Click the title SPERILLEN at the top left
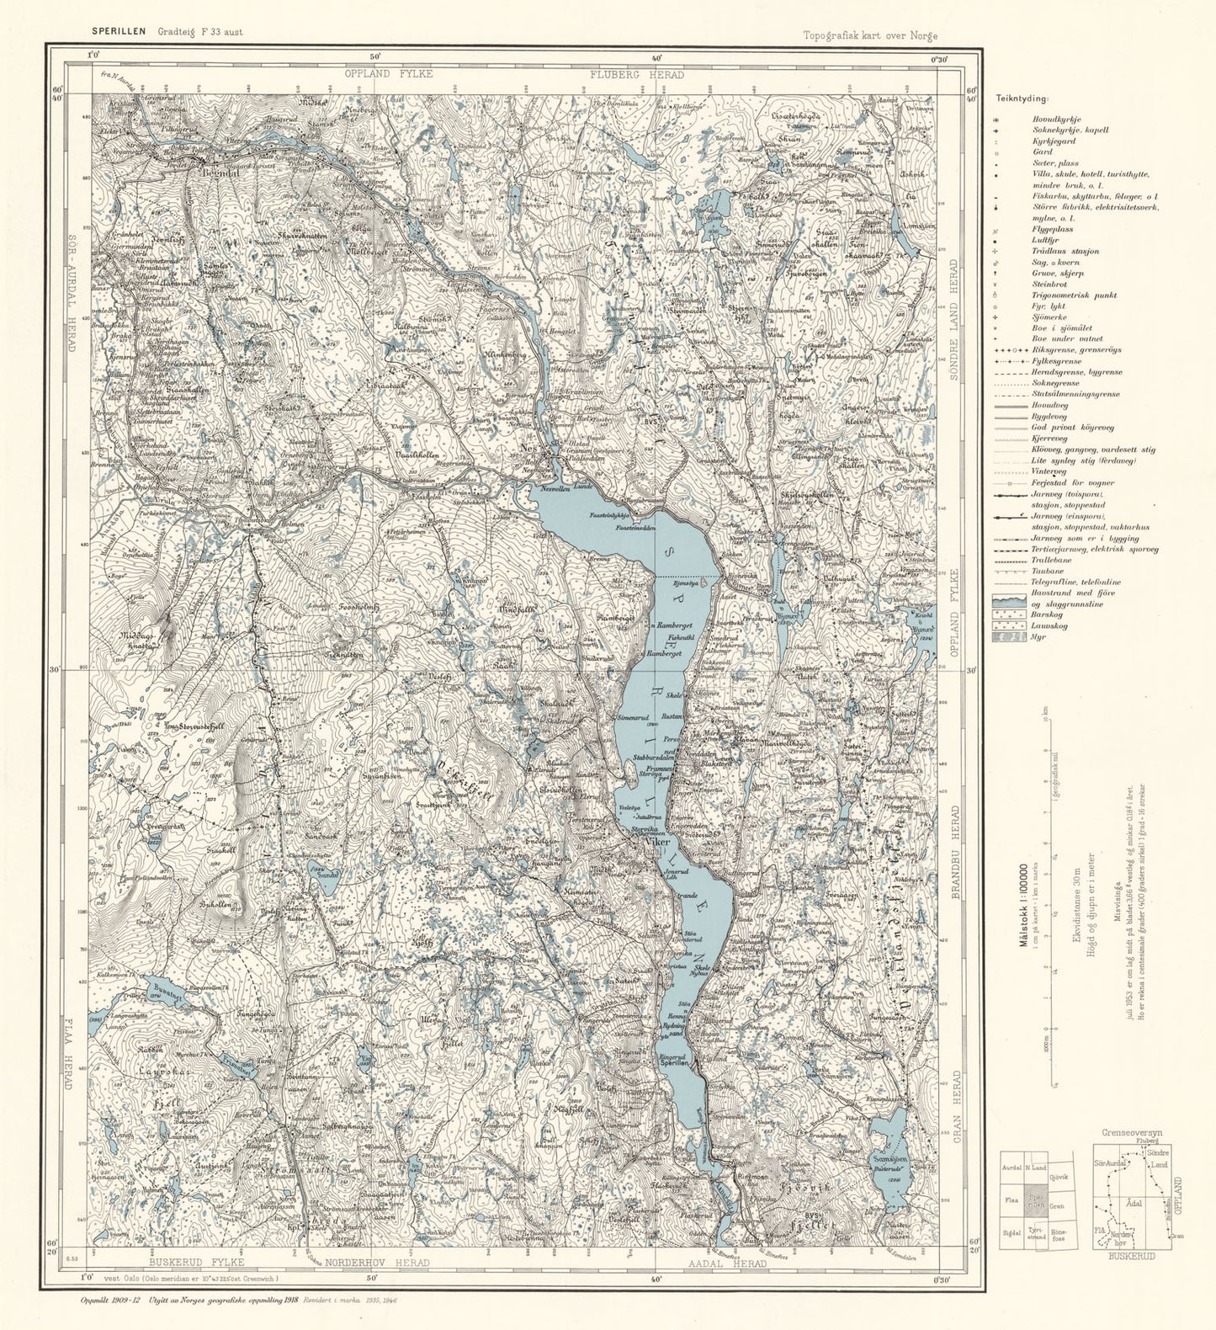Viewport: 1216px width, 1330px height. tap(120, 32)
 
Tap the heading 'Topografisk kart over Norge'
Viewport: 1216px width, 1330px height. tap(869, 35)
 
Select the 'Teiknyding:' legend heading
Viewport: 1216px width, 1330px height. tap(1016, 98)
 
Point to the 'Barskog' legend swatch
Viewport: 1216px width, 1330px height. tap(1010, 614)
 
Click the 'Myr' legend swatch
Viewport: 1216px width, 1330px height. tap(1010, 637)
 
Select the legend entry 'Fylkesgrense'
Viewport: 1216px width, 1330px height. tap(1057, 361)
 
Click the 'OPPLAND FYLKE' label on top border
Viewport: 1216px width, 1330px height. tap(388, 74)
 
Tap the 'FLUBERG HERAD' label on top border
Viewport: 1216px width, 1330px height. tap(636, 74)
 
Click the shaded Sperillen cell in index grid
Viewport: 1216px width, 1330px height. tap(1036, 1200)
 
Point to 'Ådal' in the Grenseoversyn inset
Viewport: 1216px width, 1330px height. tap(1134, 1203)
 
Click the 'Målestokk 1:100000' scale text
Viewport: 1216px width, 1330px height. tap(1024, 905)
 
